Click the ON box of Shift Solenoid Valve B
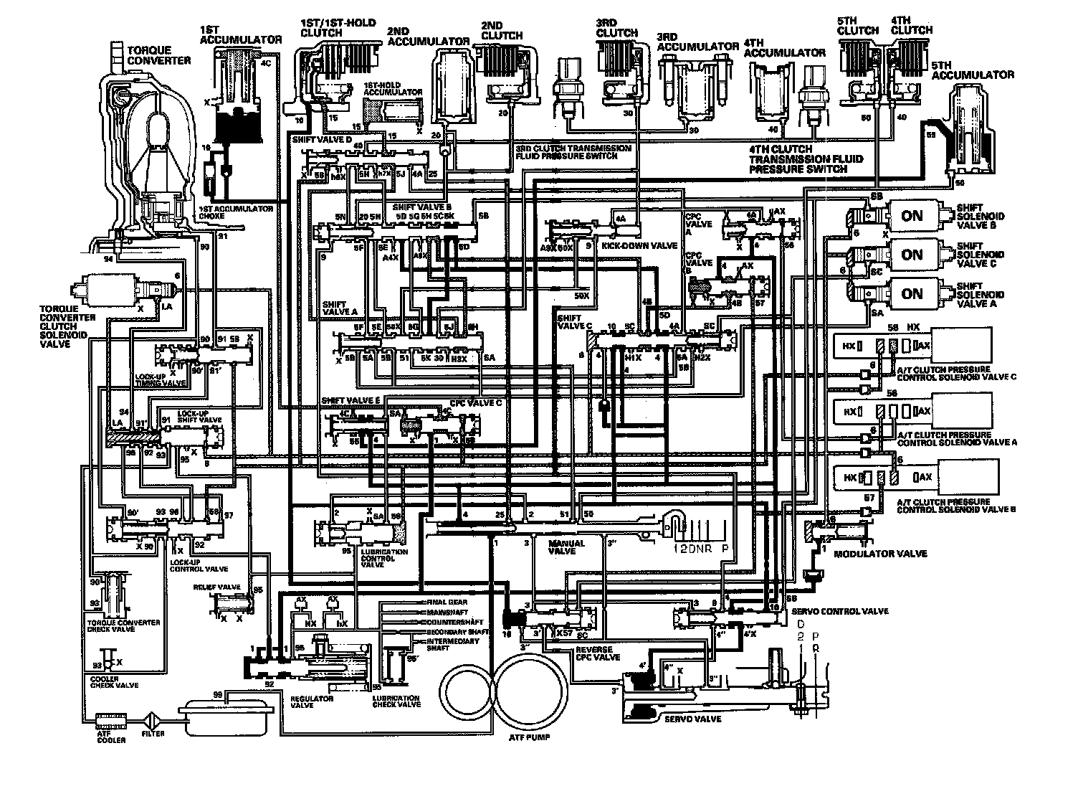click(912, 216)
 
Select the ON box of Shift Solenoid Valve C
click(912, 255)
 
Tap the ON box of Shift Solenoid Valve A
click(912, 293)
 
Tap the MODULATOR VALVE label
click(889, 553)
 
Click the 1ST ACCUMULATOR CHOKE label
click(236, 212)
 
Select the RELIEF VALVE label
click(216, 586)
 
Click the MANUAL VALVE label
click(566, 547)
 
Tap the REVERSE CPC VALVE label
click(597, 653)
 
